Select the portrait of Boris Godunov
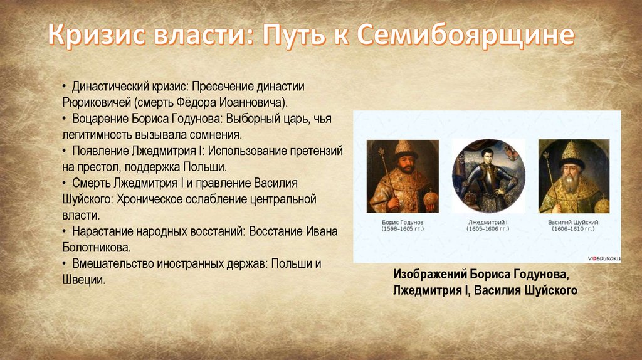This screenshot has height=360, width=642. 403,176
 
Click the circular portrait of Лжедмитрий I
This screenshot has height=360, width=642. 488,176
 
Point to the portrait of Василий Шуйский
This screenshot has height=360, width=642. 574,176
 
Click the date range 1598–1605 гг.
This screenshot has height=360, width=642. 403,228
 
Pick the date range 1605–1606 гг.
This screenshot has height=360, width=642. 488,228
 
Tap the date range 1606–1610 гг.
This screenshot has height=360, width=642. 573,228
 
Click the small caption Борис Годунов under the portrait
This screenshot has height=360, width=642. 403,222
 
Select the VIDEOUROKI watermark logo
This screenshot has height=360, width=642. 604,258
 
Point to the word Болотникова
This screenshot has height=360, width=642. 96,247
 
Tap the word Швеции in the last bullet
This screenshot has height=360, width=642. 83,280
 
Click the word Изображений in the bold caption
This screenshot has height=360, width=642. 429,274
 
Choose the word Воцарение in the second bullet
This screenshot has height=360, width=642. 100,119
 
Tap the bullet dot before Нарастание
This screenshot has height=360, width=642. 65,231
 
